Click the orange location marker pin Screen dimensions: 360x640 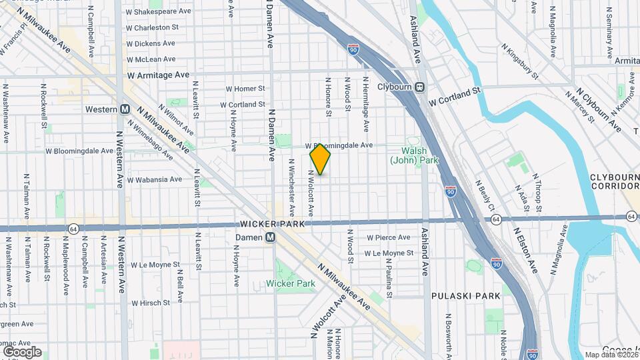pos(321,159)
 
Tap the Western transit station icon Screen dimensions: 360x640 pos(125,109)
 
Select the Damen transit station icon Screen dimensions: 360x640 pos(271,237)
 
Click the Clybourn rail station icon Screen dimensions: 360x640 pos(420,87)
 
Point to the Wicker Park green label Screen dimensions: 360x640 pos(291,283)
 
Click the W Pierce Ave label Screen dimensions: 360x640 pos(389,237)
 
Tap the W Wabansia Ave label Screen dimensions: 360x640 pos(154,179)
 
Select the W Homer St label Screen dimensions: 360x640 pos(245,89)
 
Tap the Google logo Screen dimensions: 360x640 pos(21,351)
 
